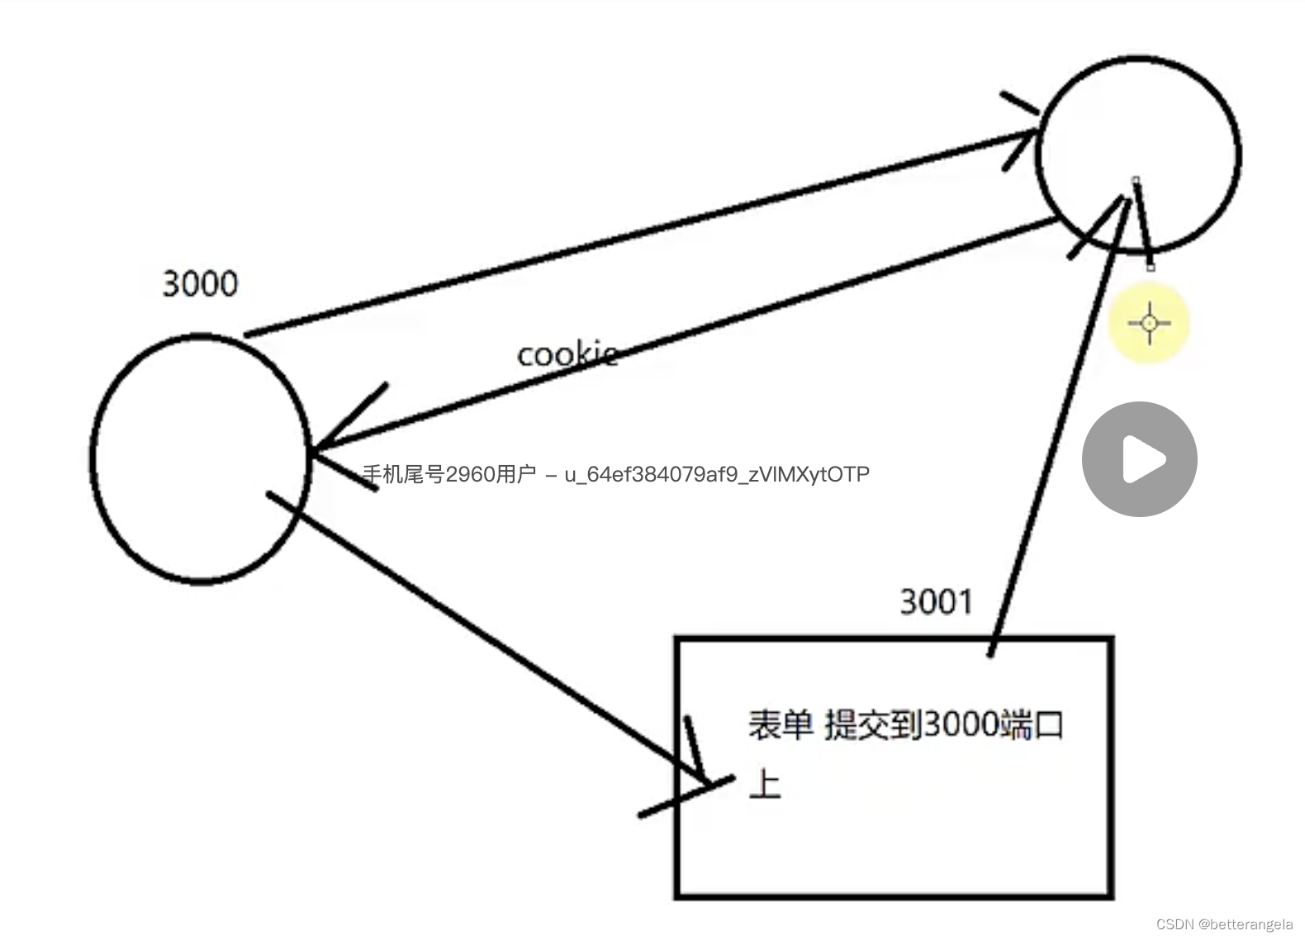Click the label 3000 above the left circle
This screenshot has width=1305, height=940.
tap(200, 284)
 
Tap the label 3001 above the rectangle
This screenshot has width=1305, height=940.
tap(936, 602)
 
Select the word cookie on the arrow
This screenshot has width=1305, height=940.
tap(567, 354)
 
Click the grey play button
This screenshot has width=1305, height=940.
tap(1140, 459)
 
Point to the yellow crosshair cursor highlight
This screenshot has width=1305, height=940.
tap(1149, 323)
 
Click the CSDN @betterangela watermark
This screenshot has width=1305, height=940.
tap(1224, 924)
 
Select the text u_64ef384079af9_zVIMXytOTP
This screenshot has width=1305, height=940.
tap(717, 474)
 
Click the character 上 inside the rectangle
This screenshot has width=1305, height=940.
tap(765, 783)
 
